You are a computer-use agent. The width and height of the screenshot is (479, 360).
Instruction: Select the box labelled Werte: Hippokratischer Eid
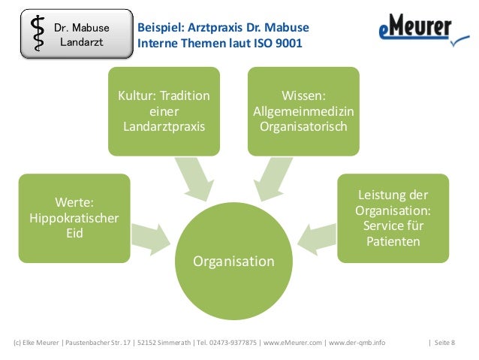74,218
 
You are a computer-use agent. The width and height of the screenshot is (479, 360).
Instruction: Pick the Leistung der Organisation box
393,218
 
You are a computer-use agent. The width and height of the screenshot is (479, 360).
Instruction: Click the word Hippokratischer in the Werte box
74,218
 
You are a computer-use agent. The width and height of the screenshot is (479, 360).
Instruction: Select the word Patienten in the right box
393,241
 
